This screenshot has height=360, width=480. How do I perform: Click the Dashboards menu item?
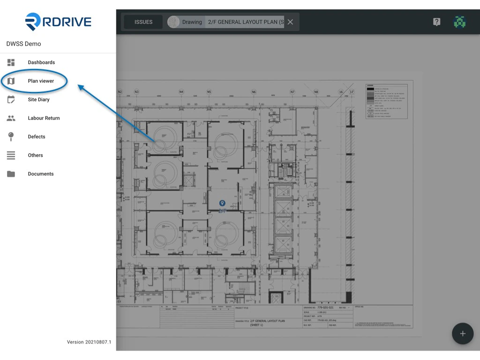(x=41, y=62)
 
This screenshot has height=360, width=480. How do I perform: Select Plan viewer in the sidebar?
(x=41, y=81)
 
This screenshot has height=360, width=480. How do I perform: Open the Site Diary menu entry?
(x=38, y=99)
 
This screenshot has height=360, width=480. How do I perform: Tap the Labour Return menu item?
(x=44, y=118)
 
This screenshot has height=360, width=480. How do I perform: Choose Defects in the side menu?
(x=37, y=137)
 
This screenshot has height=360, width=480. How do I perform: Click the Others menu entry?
(x=35, y=155)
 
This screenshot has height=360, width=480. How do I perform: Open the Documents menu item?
(x=41, y=174)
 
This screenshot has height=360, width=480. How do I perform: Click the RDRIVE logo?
(x=58, y=22)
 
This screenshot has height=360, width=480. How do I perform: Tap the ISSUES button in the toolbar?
(x=143, y=22)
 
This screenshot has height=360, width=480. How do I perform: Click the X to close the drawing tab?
(x=291, y=22)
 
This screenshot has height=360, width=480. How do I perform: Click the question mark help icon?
(x=436, y=22)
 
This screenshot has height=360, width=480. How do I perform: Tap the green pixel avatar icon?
(x=459, y=22)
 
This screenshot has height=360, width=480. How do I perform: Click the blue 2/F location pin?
(x=223, y=203)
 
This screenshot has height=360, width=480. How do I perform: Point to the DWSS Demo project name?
(x=23, y=44)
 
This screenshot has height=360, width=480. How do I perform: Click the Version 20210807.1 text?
(x=89, y=342)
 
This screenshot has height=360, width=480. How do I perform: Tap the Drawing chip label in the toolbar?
(x=192, y=22)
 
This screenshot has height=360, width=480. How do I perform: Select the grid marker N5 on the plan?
(x=209, y=92)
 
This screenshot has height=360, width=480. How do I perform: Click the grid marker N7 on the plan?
(x=292, y=92)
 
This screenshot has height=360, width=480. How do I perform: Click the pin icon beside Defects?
(x=11, y=137)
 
